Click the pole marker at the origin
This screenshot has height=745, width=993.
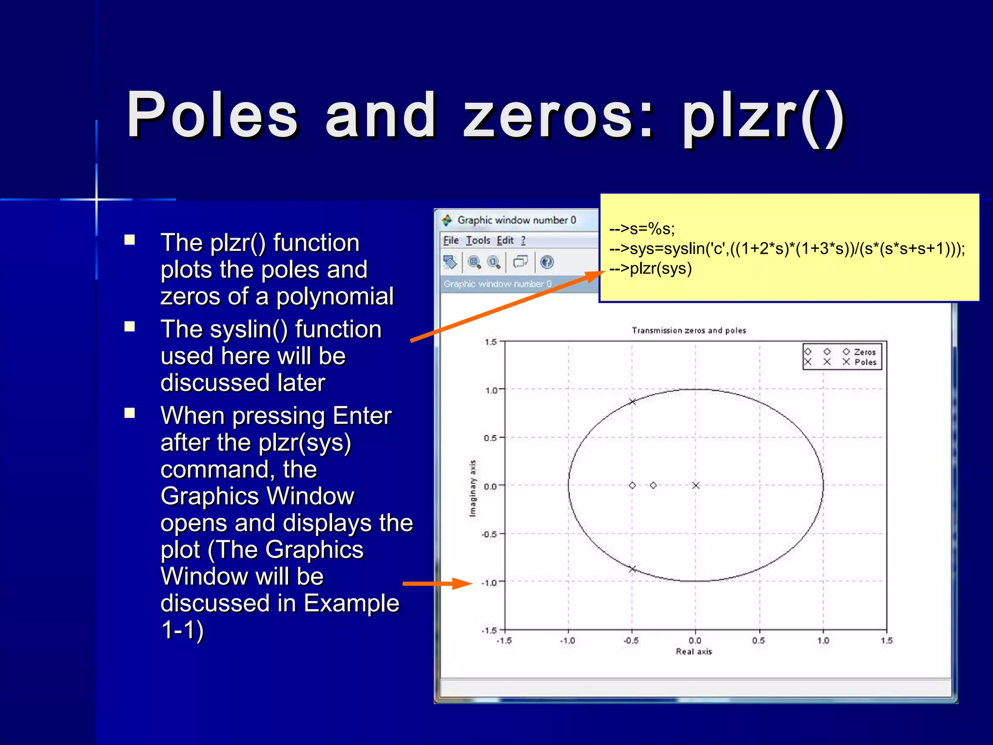(696, 485)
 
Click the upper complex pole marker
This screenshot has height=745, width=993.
(632, 402)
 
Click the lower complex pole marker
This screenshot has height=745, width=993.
(632, 569)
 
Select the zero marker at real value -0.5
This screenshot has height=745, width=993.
(632, 485)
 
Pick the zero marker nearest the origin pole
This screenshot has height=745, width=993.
(654, 485)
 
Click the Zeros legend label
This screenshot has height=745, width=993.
(865, 352)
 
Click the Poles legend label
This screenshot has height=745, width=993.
(865, 362)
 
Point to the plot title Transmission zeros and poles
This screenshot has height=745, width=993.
(689, 330)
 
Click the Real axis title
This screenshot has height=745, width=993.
(694, 651)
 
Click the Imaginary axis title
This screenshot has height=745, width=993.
(473, 488)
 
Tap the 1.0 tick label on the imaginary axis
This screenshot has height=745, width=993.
(491, 390)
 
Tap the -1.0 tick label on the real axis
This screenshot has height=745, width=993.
(568, 641)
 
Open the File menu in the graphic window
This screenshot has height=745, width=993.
(451, 241)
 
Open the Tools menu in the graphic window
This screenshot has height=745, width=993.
(478, 241)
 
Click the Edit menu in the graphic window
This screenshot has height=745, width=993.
(505, 241)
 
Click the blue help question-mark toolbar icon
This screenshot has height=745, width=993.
(547, 262)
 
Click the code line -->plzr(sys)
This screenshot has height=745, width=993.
(650, 269)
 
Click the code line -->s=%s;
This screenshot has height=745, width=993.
(642, 228)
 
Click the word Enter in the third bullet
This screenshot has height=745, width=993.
(362, 416)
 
